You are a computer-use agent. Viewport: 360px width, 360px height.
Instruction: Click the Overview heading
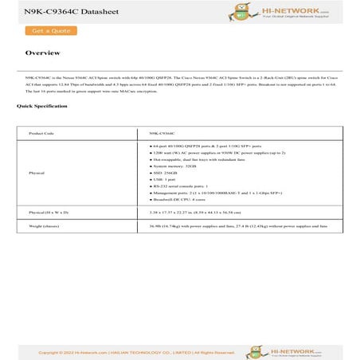(42, 53)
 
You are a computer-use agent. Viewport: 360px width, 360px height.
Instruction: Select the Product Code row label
(41, 134)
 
